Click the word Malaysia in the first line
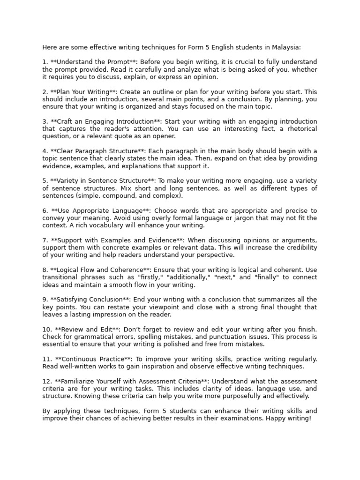pyautogui.click(x=285, y=47)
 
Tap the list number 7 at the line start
pyautogui.click(x=45, y=240)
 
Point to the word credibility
pyautogui.click(x=300, y=247)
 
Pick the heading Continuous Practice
pyautogui.click(x=91, y=359)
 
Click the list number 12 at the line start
pyautogui.click(x=46, y=381)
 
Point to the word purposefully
pyautogui.click(x=238, y=396)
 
